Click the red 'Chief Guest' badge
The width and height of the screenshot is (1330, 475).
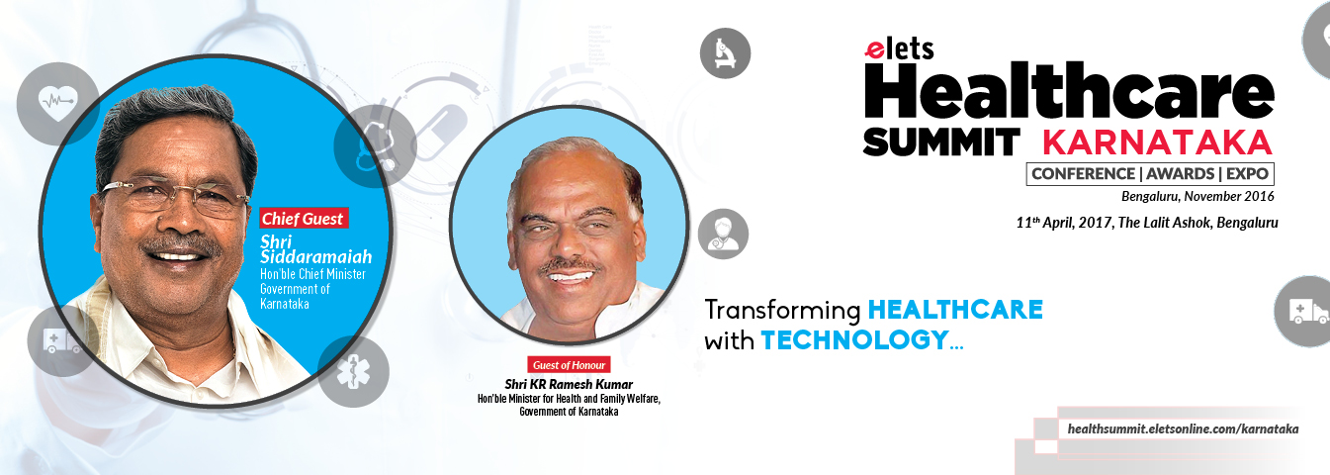pos(304,218)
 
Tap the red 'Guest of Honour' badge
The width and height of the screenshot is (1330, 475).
pos(569,365)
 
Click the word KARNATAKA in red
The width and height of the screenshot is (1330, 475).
pos(1157,142)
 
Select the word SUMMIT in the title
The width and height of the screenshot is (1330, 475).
pos(941,142)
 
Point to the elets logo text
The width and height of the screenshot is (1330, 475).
pos(899,49)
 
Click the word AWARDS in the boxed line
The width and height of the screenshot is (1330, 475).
pos(1180,173)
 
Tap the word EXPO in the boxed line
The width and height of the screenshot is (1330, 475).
pos(1248,173)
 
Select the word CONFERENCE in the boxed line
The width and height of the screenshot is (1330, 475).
pos(1083,173)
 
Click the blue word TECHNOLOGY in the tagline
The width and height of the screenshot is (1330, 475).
pos(855,340)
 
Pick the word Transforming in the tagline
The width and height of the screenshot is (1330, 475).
pos(782,311)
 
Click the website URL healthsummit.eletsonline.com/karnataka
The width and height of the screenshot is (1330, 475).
pos(1183,428)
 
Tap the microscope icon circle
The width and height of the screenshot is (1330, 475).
pos(725,53)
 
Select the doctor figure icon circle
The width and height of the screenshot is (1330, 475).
pos(723,234)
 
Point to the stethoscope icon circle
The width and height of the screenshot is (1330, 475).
pos(375,146)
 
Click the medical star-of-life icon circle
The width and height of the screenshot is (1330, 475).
pos(353,371)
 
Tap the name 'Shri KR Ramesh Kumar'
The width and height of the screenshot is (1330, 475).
pos(569,385)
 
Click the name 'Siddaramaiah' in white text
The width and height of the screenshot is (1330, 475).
pos(315,257)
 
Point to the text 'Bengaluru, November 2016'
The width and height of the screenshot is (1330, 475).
pos(1197,196)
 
